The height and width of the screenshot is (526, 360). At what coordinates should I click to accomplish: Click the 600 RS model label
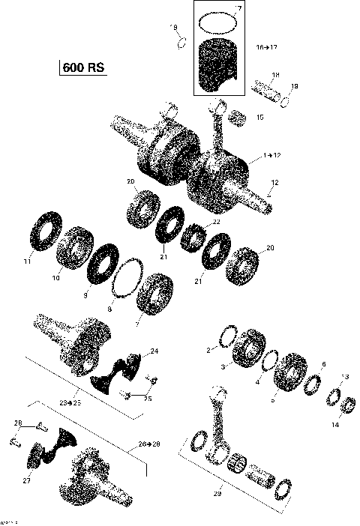point(82,68)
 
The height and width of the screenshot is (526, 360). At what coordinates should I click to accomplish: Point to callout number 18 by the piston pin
point(275,75)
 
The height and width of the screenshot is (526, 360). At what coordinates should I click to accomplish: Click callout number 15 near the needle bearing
point(259,117)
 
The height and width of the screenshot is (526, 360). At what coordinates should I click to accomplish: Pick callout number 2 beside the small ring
point(209,350)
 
